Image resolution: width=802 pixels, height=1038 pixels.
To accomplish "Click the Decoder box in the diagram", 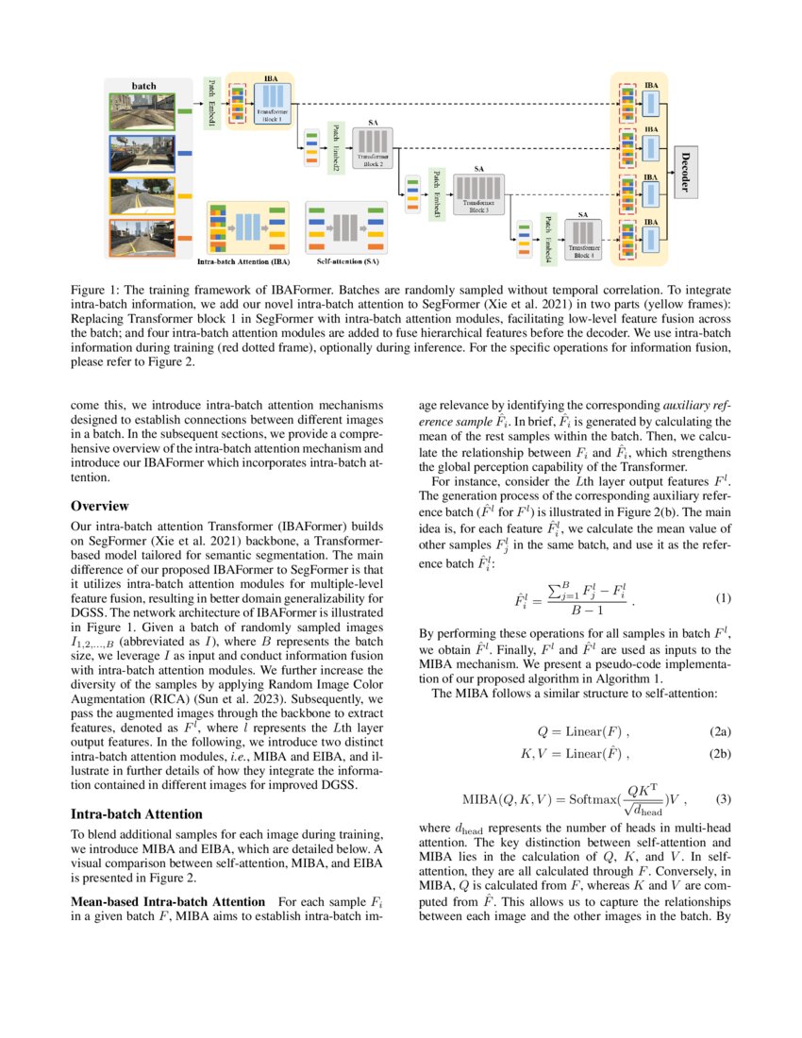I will (685, 169).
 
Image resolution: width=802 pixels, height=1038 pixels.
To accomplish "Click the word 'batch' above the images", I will (143, 86).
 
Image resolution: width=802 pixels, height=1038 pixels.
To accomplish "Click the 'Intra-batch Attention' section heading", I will (137, 813).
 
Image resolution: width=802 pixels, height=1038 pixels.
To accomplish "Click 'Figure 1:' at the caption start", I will (97, 286).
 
